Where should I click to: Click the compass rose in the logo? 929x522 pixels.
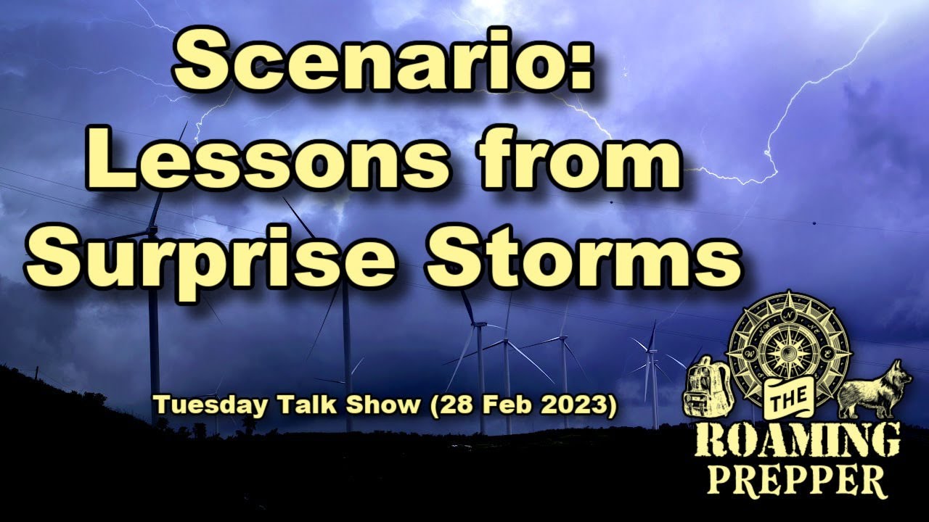click(787, 344)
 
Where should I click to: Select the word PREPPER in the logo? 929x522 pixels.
click(797, 480)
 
